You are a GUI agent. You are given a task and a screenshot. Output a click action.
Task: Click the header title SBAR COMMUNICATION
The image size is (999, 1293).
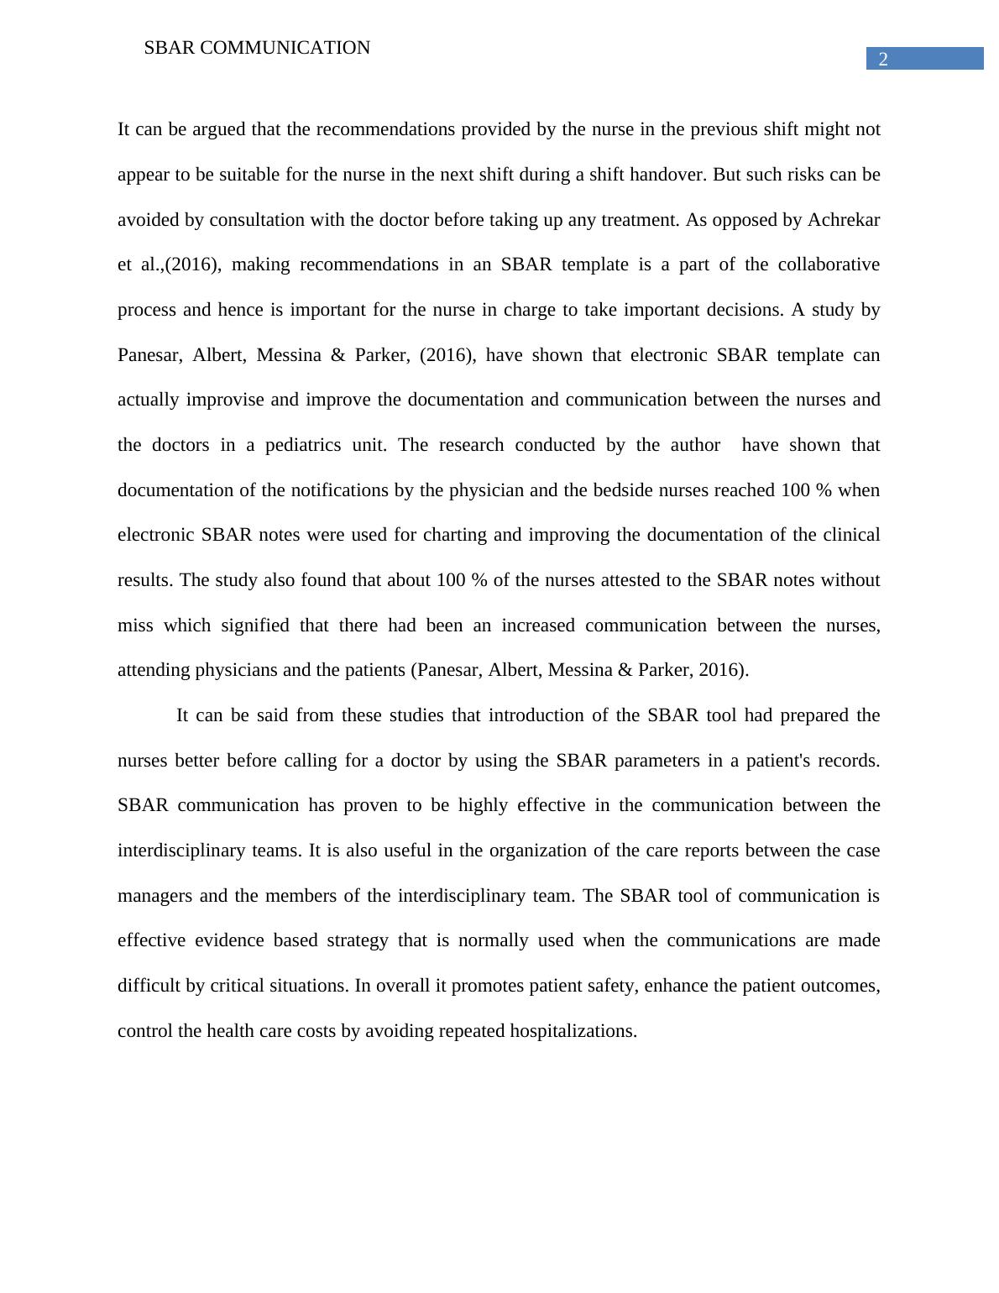[x=257, y=48]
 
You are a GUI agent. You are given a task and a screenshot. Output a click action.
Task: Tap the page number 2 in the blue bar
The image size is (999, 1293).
[x=883, y=59]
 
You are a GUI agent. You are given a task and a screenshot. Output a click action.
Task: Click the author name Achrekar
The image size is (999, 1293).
[x=843, y=220]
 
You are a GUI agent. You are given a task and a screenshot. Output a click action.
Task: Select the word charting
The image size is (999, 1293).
[x=454, y=535]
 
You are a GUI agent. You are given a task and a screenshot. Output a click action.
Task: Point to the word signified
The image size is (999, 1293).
[x=254, y=626]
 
